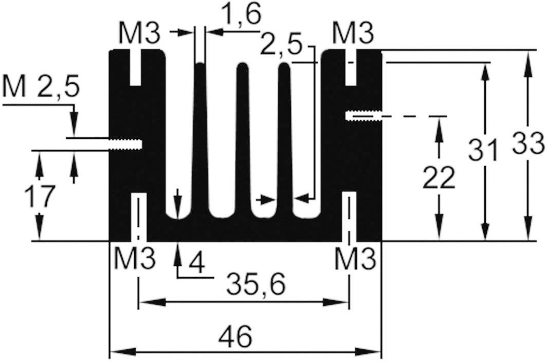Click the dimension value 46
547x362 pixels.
point(235,337)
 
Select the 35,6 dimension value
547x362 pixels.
point(256,284)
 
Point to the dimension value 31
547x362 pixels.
point(483,150)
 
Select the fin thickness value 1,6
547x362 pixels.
point(241,14)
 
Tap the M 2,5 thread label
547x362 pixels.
point(41,87)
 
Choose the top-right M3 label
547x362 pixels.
point(353,34)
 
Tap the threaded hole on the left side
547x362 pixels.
point(125,144)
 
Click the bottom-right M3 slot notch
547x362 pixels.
point(350,216)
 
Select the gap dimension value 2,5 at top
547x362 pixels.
point(281,45)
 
